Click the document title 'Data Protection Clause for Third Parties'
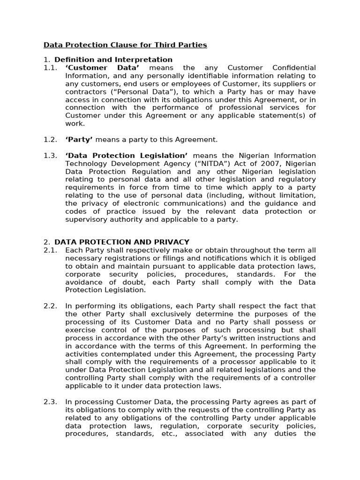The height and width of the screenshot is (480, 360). (125, 45)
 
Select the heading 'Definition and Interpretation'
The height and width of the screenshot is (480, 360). (113, 60)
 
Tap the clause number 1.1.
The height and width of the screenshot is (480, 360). (50, 68)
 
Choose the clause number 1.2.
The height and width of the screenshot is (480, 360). (50, 139)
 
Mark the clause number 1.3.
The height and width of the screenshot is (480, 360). (50, 156)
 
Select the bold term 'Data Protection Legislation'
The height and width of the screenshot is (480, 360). (127, 156)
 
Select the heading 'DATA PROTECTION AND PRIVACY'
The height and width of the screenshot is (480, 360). (122, 242)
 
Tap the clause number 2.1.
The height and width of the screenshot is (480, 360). (50, 250)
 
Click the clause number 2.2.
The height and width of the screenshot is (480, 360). (50, 306)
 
